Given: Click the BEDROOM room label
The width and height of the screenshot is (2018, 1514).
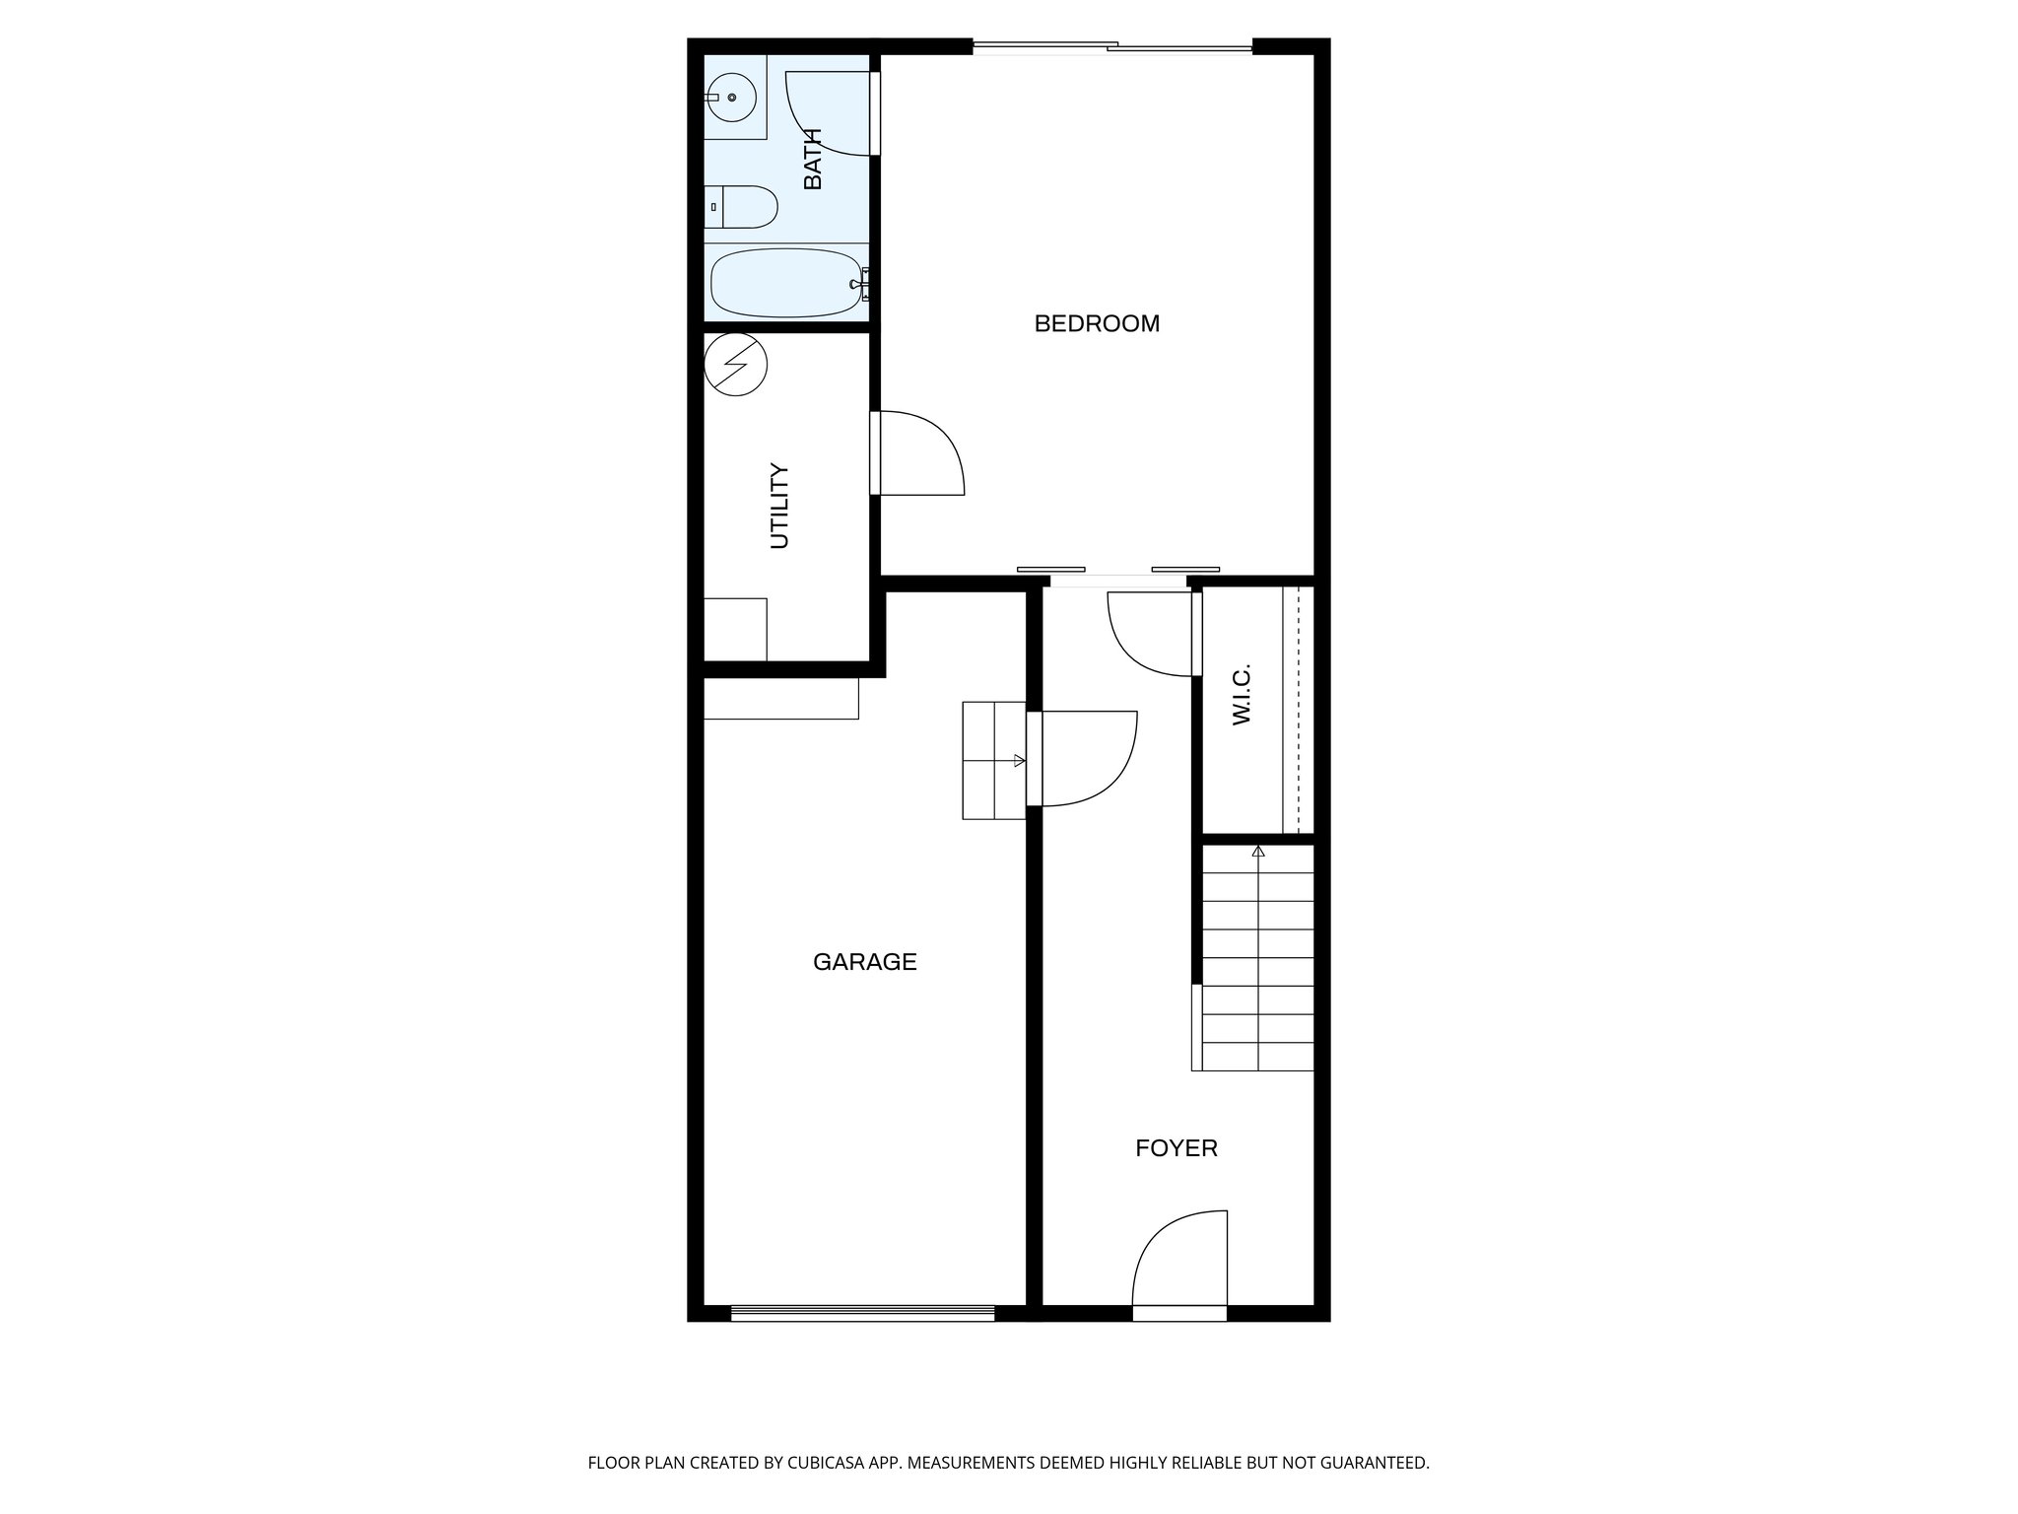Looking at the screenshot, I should pyautogui.click(x=1097, y=323).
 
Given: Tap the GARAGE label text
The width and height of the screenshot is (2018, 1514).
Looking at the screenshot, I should pyautogui.click(x=864, y=962).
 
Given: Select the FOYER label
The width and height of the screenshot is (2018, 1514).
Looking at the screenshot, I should pyautogui.click(x=1176, y=1148).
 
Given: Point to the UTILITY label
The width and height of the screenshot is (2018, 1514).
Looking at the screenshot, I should pyautogui.click(x=779, y=506).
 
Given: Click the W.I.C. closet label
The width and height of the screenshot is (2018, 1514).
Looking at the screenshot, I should pyautogui.click(x=1242, y=694).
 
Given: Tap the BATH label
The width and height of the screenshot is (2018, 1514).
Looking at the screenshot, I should pyautogui.click(x=813, y=159).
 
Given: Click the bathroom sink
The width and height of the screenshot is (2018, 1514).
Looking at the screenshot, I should pyautogui.click(x=730, y=98).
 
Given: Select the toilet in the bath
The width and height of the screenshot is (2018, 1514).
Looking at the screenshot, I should pyautogui.click(x=743, y=207).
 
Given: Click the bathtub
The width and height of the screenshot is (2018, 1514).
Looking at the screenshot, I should pyautogui.click(x=786, y=283).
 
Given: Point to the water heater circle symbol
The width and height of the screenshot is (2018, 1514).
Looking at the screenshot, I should pyautogui.click(x=736, y=365).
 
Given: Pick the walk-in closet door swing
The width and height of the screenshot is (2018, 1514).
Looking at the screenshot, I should pyautogui.click(x=1151, y=633).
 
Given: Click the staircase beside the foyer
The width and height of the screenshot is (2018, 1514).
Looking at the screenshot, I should pyautogui.click(x=1257, y=971).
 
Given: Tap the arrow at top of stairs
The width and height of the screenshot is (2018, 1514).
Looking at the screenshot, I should pyautogui.click(x=1258, y=852).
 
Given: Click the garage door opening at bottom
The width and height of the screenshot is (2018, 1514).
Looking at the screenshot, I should pyautogui.click(x=862, y=1312).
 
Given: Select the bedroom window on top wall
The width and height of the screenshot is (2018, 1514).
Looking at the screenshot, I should pyautogui.click(x=1112, y=46).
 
